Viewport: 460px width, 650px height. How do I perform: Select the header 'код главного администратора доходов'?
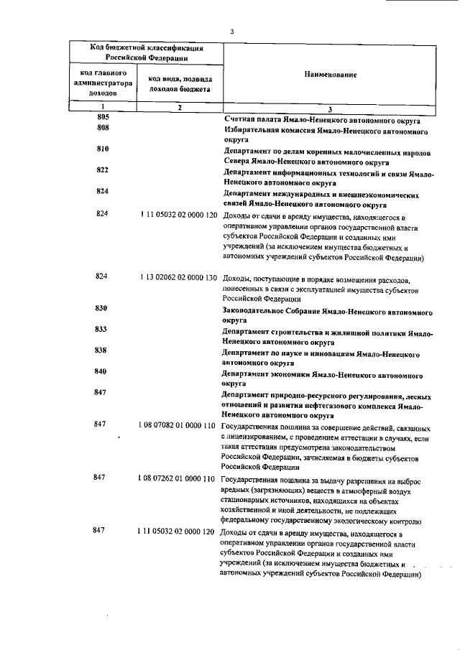click(x=103, y=83)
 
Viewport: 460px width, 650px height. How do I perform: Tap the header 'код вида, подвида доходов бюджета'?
click(x=180, y=84)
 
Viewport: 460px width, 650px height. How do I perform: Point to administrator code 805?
click(x=102, y=116)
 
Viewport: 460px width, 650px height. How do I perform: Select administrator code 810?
click(x=102, y=149)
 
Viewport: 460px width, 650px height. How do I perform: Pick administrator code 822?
click(x=102, y=170)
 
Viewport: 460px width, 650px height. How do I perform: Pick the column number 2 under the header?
click(x=180, y=107)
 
